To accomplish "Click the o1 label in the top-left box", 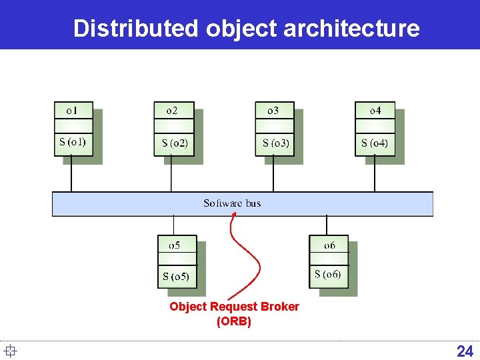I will (71, 111).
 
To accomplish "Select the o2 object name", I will (171, 111).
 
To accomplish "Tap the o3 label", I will (273, 111).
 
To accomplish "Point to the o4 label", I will (375, 111).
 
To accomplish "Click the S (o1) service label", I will (72, 141).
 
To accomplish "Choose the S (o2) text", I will (175, 143).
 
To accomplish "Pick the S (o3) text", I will (275, 143).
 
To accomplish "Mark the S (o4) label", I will (375, 143).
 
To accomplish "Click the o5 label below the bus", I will (174, 245).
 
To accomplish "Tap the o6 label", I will (329, 245).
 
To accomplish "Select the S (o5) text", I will (176, 276).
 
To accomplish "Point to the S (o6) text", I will (327, 274).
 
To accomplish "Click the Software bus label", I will (232, 203).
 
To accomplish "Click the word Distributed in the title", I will (136, 29).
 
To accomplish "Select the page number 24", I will (465, 351).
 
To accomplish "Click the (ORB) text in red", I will (234, 321).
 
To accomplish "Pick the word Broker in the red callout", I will (278, 307).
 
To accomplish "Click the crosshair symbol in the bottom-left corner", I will (9, 351).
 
